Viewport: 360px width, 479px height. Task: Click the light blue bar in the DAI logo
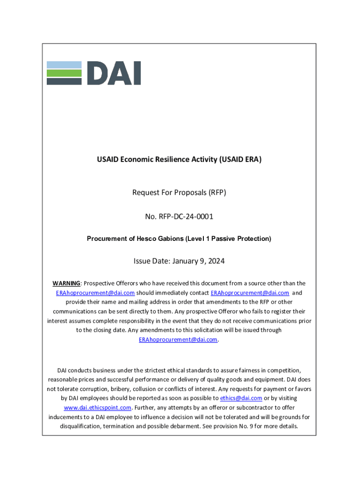pos(64,65)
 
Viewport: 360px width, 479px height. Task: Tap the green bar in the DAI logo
pos(64,73)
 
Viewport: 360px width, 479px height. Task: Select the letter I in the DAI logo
pos(136,73)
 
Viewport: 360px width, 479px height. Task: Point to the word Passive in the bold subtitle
pos(224,239)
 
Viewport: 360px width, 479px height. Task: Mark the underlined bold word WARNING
pos(66,283)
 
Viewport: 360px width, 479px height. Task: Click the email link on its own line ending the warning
pos(178,340)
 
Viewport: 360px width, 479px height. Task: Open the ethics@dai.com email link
pos(241,398)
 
